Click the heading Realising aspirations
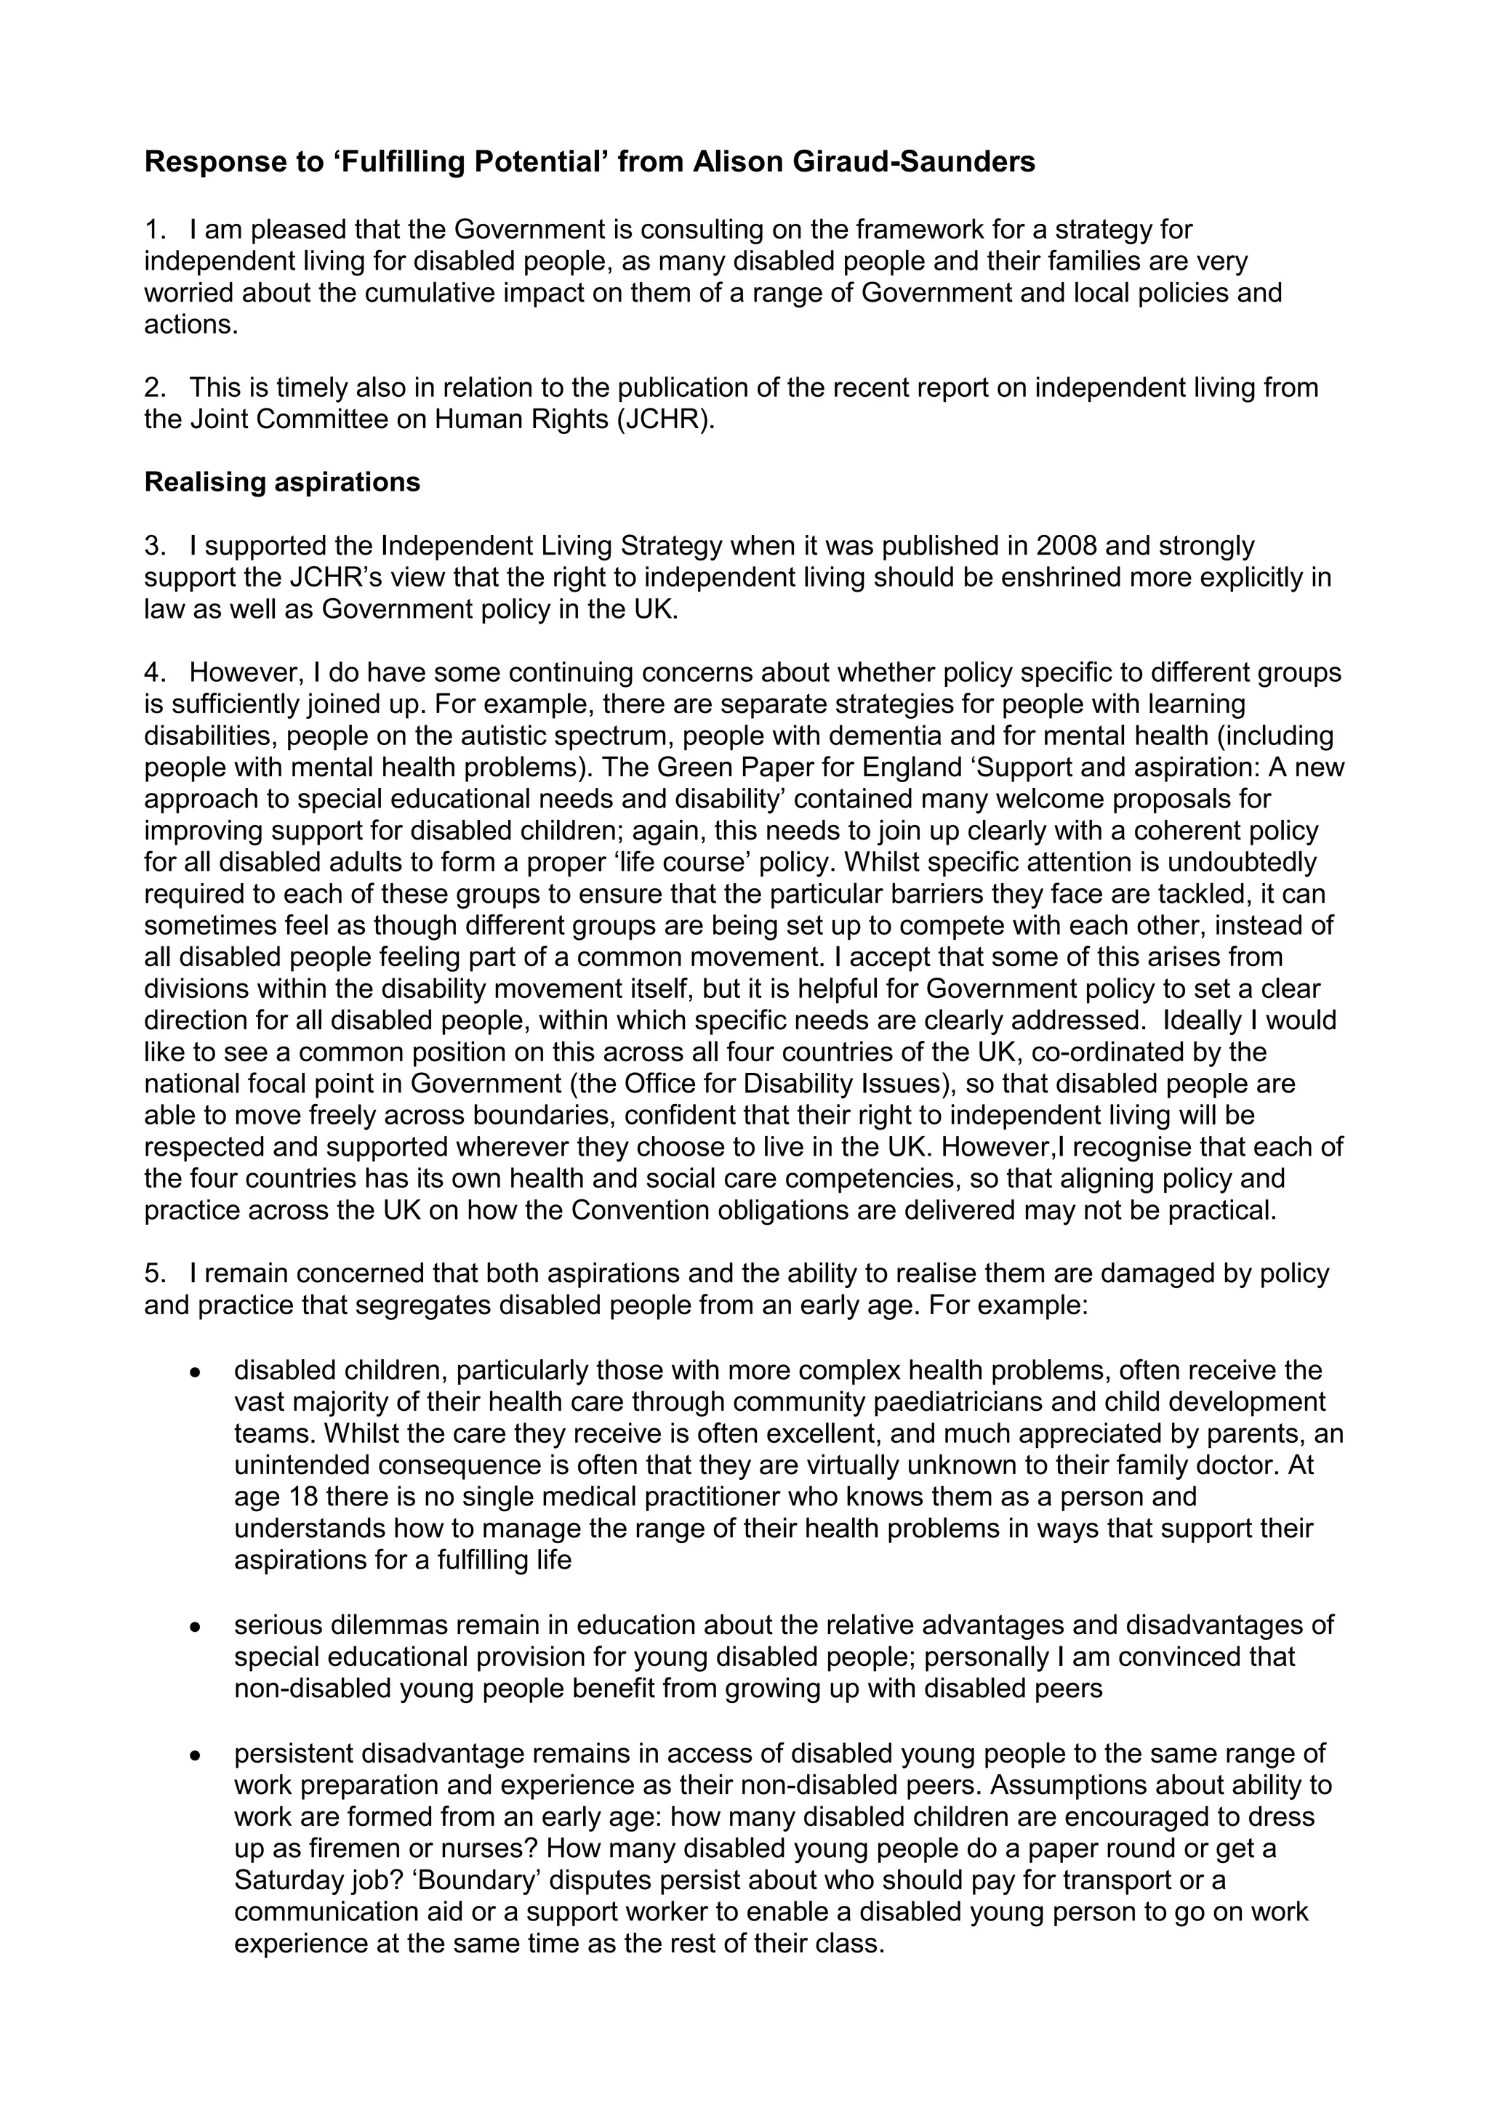click(282, 482)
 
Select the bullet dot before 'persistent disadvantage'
click(194, 1755)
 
